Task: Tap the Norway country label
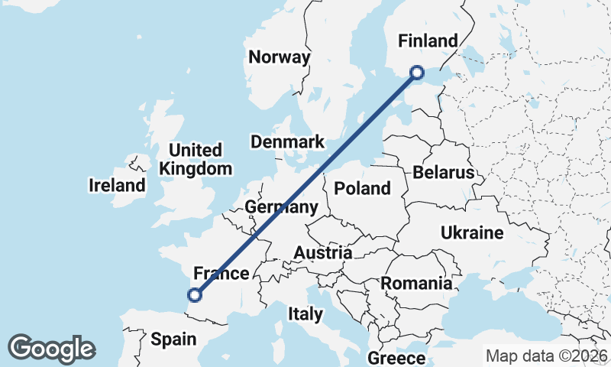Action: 280,57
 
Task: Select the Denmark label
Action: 288,142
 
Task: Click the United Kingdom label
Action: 196,159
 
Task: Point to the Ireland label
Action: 117,185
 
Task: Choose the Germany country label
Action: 281,207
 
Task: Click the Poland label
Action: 362,188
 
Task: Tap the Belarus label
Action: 444,172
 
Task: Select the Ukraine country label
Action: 472,233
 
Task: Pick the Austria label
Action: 324,253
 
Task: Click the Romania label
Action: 416,284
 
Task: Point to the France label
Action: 221,274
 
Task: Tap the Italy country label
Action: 305,313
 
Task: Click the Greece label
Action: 396,358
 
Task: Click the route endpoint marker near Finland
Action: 417,73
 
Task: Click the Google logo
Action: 51,349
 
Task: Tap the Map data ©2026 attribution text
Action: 547,356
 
